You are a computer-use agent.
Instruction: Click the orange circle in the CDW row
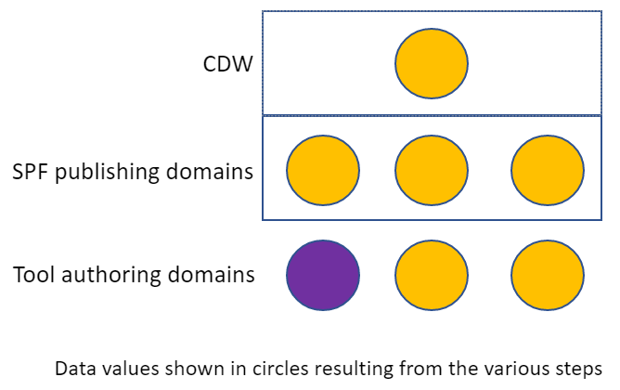[432, 64]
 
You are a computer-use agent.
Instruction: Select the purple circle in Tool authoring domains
[323, 276]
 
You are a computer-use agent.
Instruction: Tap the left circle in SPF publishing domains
[323, 171]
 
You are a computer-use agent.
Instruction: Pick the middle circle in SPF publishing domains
[432, 171]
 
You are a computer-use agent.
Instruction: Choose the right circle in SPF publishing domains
[548, 171]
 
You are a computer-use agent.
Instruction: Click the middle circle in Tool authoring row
[432, 276]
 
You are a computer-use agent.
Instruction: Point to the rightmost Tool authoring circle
[548, 276]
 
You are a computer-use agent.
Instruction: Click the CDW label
[227, 67]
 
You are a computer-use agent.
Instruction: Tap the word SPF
[29, 172]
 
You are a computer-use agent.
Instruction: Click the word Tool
[32, 275]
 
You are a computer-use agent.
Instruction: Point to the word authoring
[106, 276]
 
